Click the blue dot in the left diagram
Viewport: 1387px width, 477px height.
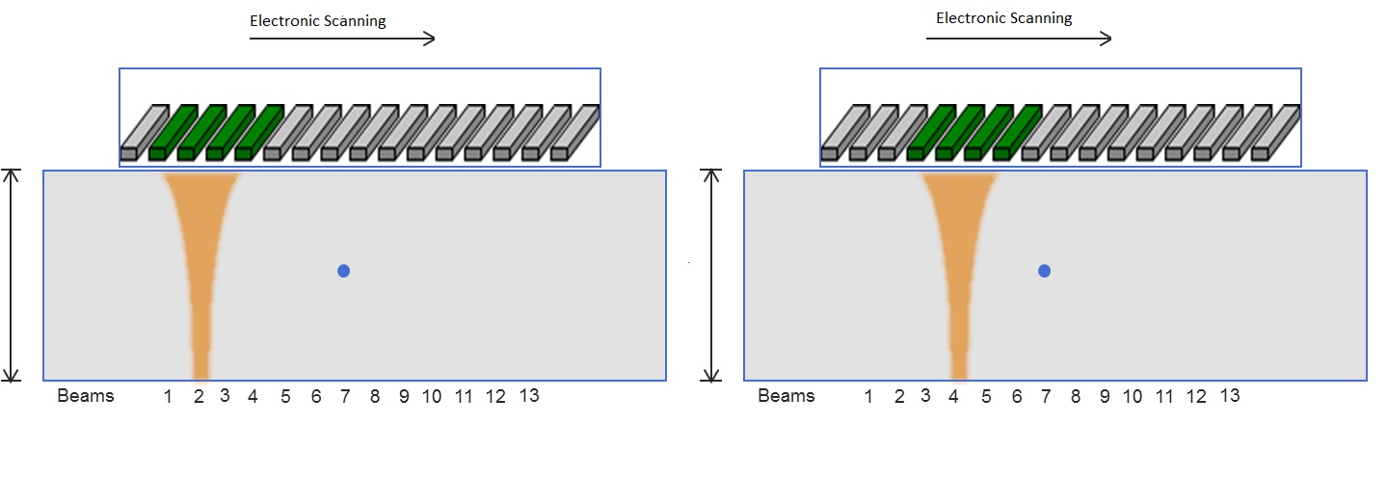[343, 271]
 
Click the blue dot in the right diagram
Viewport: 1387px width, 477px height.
[1044, 271]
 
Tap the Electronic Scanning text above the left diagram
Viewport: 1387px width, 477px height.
[318, 21]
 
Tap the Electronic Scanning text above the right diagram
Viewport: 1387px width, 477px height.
[1004, 18]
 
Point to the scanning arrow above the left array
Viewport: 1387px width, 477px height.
[342, 39]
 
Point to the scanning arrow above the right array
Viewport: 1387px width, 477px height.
[1019, 39]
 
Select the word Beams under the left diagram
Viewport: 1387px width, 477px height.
[86, 396]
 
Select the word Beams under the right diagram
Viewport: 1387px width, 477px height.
[787, 396]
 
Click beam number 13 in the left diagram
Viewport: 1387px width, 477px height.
[528, 395]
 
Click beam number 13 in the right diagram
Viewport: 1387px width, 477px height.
[1229, 395]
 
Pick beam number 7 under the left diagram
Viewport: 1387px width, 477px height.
[344, 396]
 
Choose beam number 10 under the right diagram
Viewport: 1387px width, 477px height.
[1133, 396]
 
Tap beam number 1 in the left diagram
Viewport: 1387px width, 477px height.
[168, 396]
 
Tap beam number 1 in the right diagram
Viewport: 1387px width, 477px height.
[868, 396]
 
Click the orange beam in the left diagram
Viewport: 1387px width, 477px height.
[200, 260]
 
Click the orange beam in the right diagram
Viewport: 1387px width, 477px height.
[958, 260]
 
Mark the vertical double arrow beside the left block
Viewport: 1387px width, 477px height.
[12, 276]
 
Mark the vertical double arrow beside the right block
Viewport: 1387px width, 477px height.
[712, 276]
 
